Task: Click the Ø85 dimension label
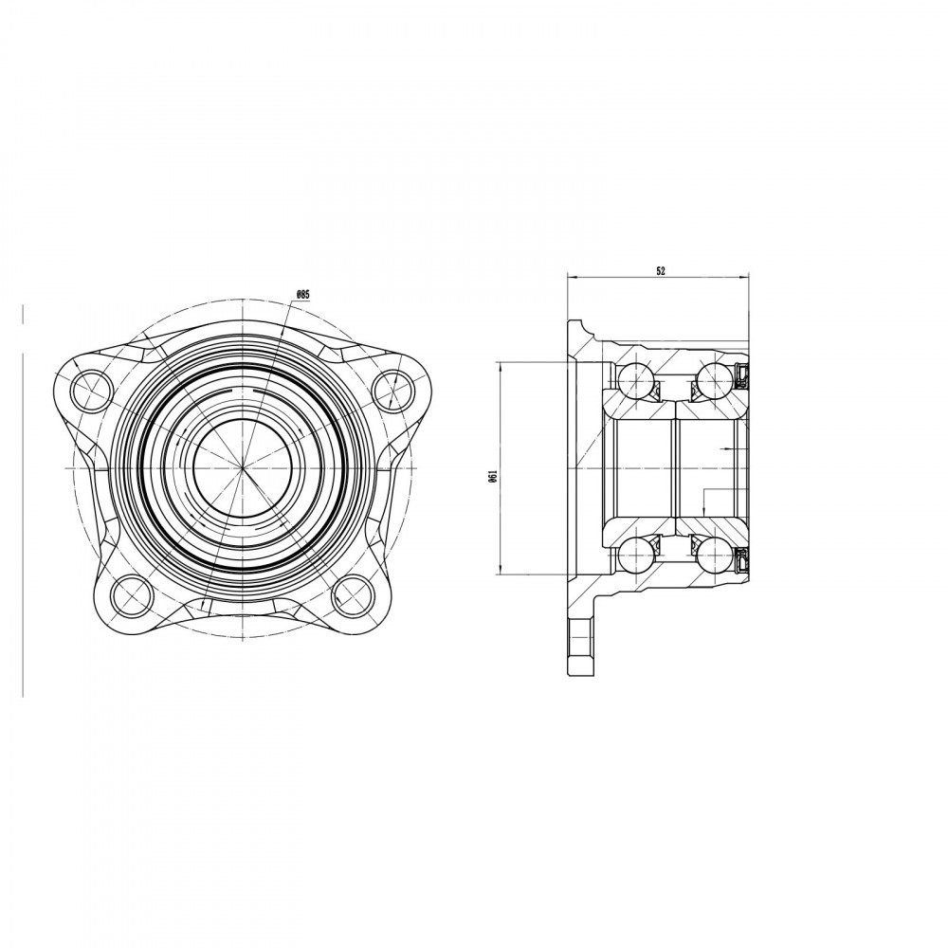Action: click(303, 294)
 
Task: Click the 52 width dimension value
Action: click(660, 271)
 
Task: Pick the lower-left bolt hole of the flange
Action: click(131, 594)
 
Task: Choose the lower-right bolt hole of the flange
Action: click(353, 594)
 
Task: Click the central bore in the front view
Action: click(243, 468)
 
